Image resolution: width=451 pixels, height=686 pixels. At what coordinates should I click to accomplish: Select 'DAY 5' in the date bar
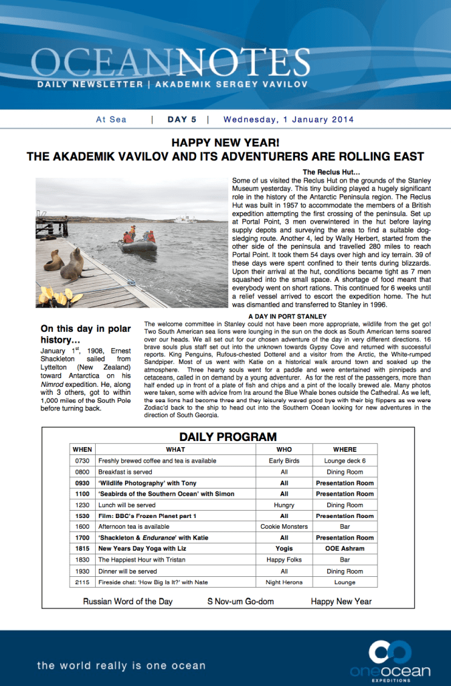[x=181, y=120]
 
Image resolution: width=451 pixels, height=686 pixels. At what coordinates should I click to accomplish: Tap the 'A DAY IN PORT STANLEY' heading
[x=287, y=316]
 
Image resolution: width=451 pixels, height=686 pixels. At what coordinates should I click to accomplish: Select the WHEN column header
[x=82, y=449]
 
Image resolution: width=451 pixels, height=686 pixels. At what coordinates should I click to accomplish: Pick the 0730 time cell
[x=82, y=460]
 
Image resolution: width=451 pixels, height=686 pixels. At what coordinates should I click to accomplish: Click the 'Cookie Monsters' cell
[x=284, y=527]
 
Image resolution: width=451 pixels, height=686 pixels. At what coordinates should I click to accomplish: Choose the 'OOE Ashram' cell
[x=345, y=549]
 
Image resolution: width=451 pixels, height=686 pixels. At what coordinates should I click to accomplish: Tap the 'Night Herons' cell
[x=284, y=582]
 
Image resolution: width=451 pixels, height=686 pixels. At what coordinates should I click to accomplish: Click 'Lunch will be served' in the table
[x=126, y=505]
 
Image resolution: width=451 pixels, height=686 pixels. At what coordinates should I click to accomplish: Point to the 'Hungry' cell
[x=284, y=505]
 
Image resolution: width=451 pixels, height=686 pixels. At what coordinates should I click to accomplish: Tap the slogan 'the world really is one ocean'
[x=121, y=665]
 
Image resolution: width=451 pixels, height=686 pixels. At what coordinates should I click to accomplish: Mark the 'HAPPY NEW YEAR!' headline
[x=225, y=143]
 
